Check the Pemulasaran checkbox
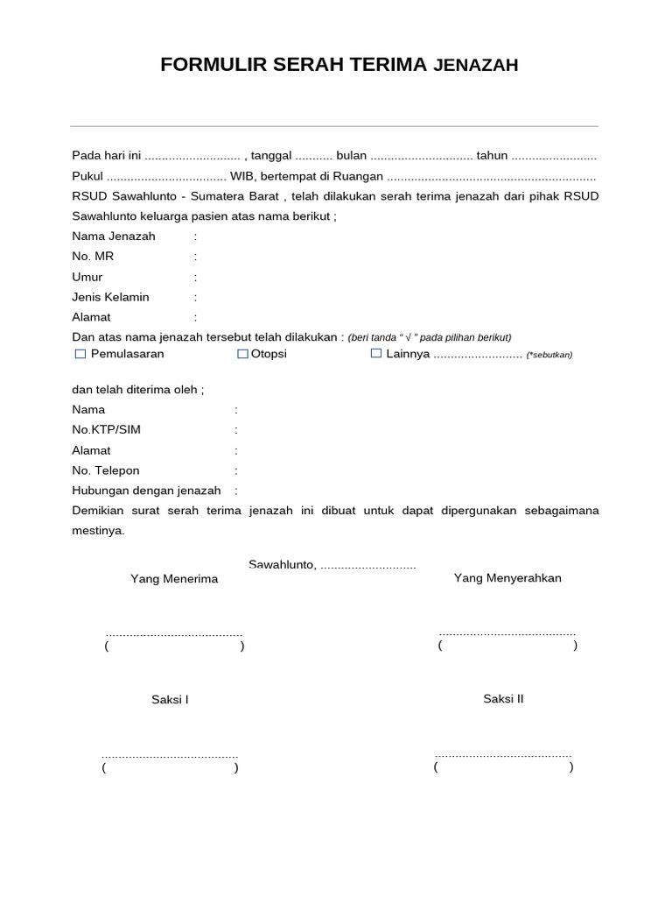coord(80,354)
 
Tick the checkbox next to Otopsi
coord(242,354)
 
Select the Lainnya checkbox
coord(376,354)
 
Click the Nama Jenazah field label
coord(114,237)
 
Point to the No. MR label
coord(93,257)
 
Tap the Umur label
coord(87,277)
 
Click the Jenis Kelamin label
coord(110,297)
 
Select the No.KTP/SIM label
coord(106,430)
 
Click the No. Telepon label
coord(106,470)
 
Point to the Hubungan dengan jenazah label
coord(146,491)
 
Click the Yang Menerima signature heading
coord(174,579)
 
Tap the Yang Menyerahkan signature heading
coord(507,578)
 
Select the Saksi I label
coord(170,700)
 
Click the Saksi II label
coord(503,699)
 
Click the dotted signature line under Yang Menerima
coord(173,633)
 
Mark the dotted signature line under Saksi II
coord(503,755)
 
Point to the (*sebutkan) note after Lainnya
coord(549,355)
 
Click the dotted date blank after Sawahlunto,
coord(368,566)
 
